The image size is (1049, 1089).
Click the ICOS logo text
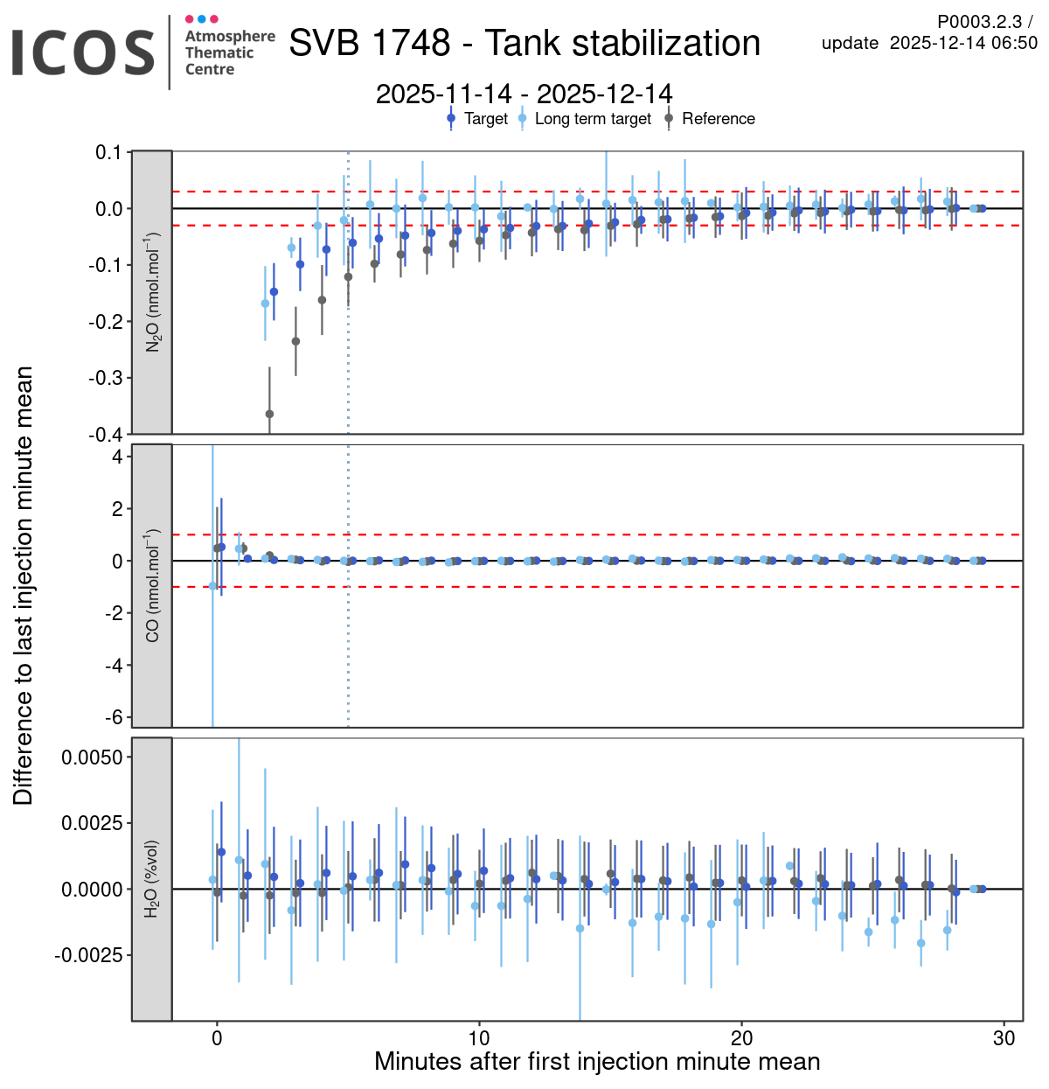(83, 52)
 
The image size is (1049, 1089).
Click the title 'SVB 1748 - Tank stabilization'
(524, 43)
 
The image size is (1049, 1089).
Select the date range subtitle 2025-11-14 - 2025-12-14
(524, 94)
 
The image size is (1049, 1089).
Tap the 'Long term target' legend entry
(592, 119)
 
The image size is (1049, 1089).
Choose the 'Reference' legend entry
(718, 119)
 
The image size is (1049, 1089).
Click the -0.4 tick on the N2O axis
(108, 435)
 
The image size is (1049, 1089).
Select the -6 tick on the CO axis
(114, 717)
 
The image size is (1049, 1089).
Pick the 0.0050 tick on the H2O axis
(92, 757)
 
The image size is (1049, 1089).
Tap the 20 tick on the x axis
(741, 1038)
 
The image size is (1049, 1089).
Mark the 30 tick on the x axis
(1004, 1038)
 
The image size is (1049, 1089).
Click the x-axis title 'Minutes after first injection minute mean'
(597, 1062)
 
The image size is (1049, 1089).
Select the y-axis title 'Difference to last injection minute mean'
(24, 585)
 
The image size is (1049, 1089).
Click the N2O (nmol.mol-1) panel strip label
(152, 292)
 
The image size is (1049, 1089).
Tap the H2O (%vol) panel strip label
(152, 879)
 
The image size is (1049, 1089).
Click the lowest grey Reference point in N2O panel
(269, 414)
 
